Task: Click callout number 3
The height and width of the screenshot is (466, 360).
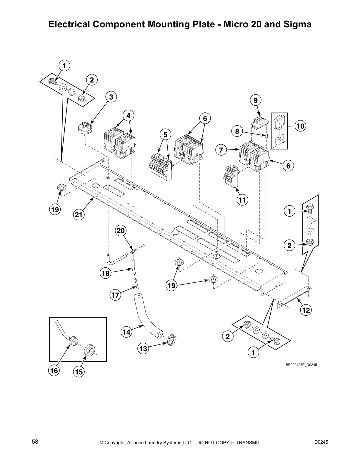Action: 111,97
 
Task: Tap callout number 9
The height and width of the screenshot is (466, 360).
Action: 255,100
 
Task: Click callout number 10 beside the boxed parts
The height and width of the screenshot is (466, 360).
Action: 300,126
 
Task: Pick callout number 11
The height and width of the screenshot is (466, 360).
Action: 242,200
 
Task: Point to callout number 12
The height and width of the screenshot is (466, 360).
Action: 306,310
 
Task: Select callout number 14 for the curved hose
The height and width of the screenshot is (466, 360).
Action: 126,332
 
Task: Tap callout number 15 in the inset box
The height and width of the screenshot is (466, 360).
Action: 79,372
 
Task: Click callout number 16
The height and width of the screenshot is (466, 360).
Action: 54,371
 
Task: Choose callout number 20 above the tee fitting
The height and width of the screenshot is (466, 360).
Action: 121,231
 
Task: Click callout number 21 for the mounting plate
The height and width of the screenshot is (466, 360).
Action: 79,214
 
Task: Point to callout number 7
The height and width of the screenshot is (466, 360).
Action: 221,150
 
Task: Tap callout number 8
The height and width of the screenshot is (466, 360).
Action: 237,131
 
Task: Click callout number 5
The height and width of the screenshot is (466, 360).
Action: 165,135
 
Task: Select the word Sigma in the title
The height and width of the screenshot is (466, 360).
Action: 297,24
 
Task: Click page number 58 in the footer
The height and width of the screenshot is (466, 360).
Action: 35,442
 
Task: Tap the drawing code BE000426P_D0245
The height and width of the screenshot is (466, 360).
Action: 301,365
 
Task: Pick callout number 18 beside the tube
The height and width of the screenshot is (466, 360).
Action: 105,273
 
